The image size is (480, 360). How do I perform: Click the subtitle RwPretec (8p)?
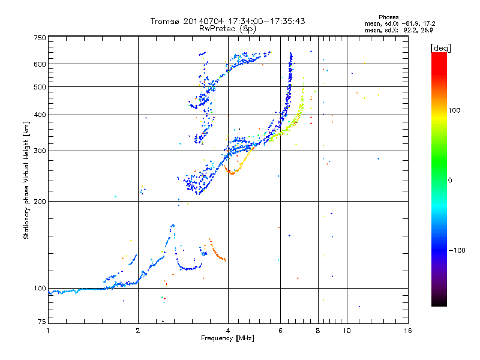pos(227,29)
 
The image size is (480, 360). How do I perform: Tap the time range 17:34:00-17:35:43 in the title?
pos(266,21)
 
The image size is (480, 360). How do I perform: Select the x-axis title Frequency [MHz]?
pos(227,338)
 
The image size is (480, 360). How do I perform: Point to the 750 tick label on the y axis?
pos(40,38)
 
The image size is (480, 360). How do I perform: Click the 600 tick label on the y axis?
pos(40,64)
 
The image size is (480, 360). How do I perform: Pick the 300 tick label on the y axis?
pos(40,151)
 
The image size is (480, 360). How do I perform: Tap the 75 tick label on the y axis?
pos(42,322)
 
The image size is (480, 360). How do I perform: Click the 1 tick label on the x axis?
pos(48,331)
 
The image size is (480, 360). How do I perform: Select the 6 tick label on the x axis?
pos(280,331)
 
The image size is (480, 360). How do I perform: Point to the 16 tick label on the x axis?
pos(408,331)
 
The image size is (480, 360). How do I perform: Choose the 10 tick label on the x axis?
pos(347,331)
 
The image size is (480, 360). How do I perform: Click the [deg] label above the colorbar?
pos(440,48)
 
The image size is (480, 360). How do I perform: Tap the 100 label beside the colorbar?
pos(454,110)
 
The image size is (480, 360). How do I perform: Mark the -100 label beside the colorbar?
pos(457,250)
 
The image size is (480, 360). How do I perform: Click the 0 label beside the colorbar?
pos(450,181)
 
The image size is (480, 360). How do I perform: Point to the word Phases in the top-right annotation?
pos(388,17)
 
